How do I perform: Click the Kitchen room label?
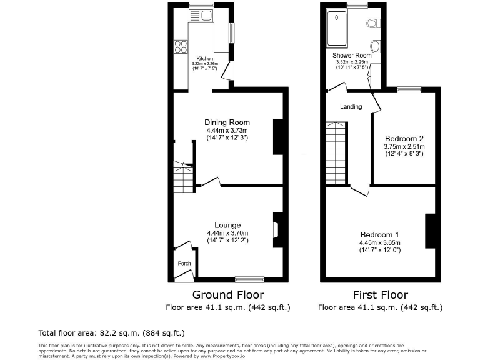(x=205, y=58)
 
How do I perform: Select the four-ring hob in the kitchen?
(x=181, y=46)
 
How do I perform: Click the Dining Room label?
(x=227, y=122)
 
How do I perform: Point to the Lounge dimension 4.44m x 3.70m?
(x=227, y=234)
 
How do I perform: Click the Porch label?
(x=184, y=264)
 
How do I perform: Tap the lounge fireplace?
(x=276, y=226)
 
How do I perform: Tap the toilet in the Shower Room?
(x=373, y=23)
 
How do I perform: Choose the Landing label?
(x=351, y=107)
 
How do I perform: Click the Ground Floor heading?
(x=227, y=295)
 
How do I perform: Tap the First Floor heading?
(x=380, y=295)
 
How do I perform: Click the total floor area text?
(x=112, y=333)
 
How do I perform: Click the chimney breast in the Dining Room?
(x=279, y=136)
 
